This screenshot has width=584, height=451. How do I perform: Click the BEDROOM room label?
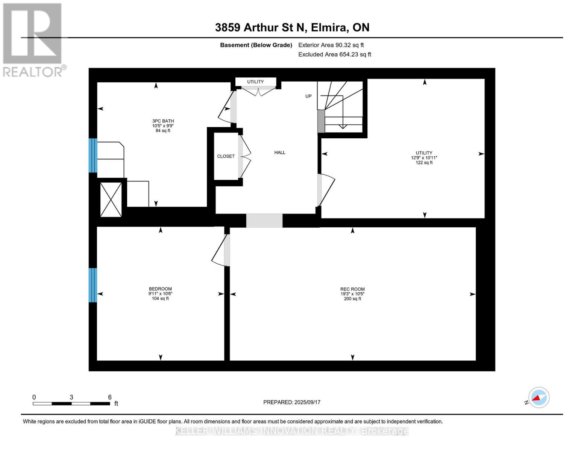click(160, 289)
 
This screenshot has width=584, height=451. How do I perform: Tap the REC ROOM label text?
click(352, 289)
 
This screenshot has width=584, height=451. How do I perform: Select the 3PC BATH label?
click(163, 121)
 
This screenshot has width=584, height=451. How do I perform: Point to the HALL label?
click(280, 152)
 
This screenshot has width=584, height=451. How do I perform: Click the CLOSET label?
click(226, 156)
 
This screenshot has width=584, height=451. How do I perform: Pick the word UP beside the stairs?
click(308, 96)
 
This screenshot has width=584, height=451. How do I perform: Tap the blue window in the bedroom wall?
click(93, 285)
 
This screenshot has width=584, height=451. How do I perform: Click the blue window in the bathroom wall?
click(93, 155)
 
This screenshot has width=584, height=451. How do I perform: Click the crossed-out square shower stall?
click(111, 199)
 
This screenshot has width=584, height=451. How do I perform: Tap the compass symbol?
click(538, 398)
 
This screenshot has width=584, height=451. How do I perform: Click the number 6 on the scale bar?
click(110, 397)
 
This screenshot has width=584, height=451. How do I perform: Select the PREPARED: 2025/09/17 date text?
click(291, 402)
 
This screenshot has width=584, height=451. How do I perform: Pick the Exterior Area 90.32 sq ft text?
click(331, 45)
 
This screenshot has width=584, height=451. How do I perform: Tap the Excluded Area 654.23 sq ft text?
click(335, 54)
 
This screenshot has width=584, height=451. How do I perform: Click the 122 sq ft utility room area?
click(424, 162)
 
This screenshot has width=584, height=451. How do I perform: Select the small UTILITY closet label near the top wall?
click(255, 82)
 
